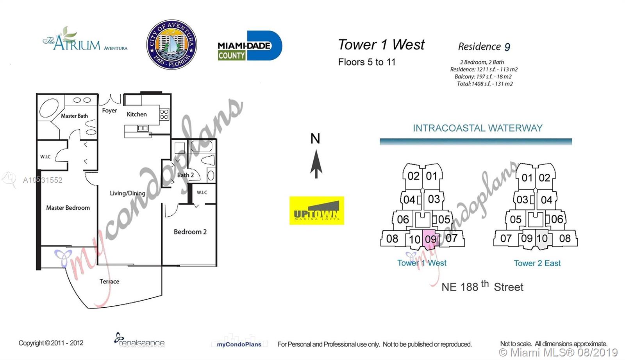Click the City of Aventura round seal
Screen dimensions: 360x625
(x=171, y=45)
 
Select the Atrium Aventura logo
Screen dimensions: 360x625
(x=85, y=41)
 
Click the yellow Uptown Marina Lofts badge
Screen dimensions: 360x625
(x=316, y=210)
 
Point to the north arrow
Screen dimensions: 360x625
(x=316, y=164)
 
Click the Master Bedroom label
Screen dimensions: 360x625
(x=68, y=208)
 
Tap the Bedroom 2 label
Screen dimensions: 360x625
(x=190, y=232)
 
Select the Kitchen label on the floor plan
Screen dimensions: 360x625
(x=137, y=114)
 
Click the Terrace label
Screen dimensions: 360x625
(x=109, y=281)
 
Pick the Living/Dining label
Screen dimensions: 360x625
(x=127, y=193)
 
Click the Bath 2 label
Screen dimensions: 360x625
(x=185, y=175)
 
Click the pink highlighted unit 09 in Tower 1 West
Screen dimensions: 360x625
(x=430, y=239)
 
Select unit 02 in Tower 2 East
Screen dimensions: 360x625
(x=544, y=178)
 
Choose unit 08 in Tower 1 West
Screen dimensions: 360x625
(x=392, y=239)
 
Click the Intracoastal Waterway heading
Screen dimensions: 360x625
(x=477, y=128)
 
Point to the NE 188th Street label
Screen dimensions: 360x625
(x=482, y=287)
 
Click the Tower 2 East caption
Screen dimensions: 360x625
(x=537, y=263)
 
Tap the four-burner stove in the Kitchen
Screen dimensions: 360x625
(x=164, y=114)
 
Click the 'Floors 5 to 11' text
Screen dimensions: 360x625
(x=366, y=62)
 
